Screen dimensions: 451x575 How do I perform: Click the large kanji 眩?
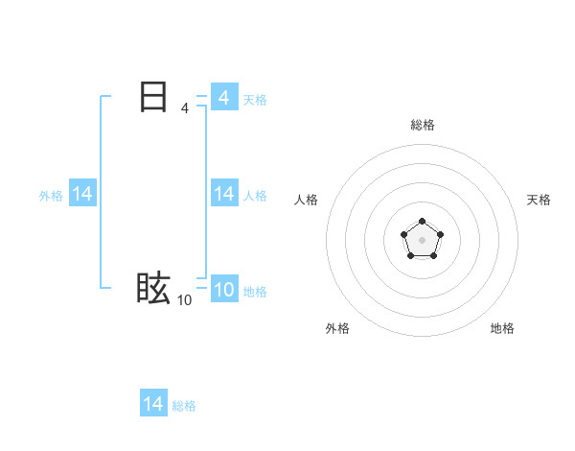click(x=153, y=289)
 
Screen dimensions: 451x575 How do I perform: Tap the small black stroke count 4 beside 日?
click(x=184, y=108)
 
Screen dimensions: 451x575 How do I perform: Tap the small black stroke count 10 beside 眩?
click(x=184, y=300)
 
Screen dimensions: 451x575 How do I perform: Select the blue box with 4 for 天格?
click(x=223, y=98)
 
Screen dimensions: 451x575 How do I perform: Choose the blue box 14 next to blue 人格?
click(x=223, y=194)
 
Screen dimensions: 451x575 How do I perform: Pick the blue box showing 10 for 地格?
click(x=223, y=290)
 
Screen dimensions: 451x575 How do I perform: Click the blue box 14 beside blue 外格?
click(x=82, y=194)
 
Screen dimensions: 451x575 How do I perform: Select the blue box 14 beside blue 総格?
click(x=153, y=404)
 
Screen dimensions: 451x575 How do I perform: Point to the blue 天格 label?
click(x=255, y=99)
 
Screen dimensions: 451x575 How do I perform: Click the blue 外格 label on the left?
click(x=51, y=195)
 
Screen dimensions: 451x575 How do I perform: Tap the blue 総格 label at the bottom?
click(x=184, y=405)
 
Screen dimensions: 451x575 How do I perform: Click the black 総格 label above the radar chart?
click(x=423, y=125)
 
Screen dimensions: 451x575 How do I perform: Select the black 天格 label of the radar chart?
click(x=539, y=200)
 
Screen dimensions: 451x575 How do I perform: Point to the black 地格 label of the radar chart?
click(x=502, y=328)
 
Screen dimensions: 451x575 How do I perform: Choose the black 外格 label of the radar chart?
click(x=337, y=328)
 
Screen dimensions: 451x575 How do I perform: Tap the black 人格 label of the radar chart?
click(x=306, y=200)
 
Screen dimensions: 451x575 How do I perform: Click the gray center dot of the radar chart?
click(x=423, y=239)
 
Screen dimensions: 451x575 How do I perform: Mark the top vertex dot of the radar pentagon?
click(x=423, y=222)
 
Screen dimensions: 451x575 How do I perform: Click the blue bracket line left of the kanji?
click(x=101, y=192)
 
